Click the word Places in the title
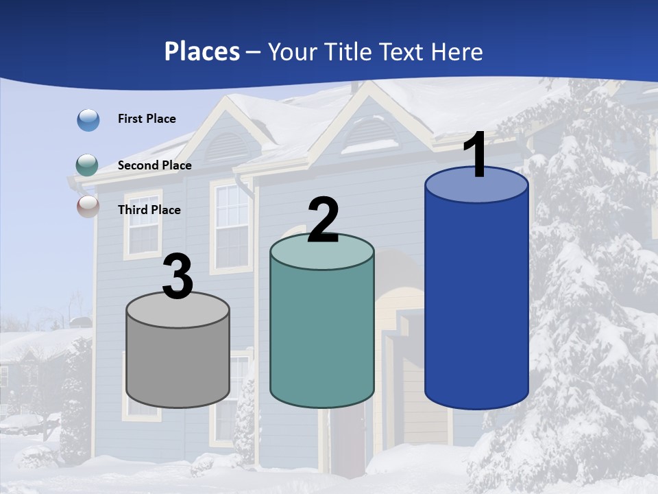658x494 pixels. (202, 51)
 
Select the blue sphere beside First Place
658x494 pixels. (88, 120)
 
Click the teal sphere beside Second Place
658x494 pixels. (87, 165)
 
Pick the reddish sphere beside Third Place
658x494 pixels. (88, 206)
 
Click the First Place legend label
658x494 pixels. (147, 119)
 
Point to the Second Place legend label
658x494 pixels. (154, 165)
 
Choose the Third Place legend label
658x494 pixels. (149, 210)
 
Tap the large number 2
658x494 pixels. (323, 220)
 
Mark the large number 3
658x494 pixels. (178, 277)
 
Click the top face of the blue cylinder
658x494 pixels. (476, 189)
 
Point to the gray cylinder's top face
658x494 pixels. (178, 312)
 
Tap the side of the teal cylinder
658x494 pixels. (322, 336)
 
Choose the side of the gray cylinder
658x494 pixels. (178, 364)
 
